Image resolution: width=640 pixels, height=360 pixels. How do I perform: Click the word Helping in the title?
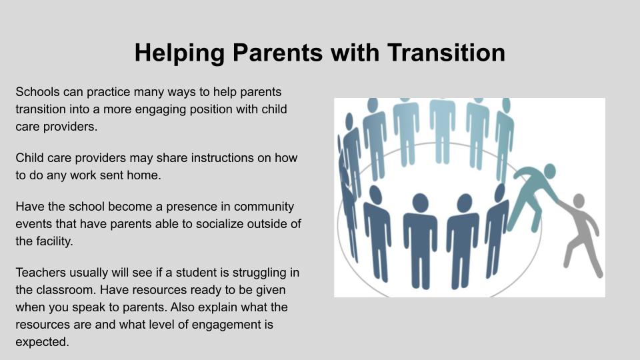pos(179,53)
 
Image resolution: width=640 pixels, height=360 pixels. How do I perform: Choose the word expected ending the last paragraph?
pos(42,343)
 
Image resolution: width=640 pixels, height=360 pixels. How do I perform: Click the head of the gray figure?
pos(579,201)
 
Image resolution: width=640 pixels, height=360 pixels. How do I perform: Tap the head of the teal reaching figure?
pos(550,171)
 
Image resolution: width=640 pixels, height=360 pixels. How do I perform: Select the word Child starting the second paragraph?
pos(29,158)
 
